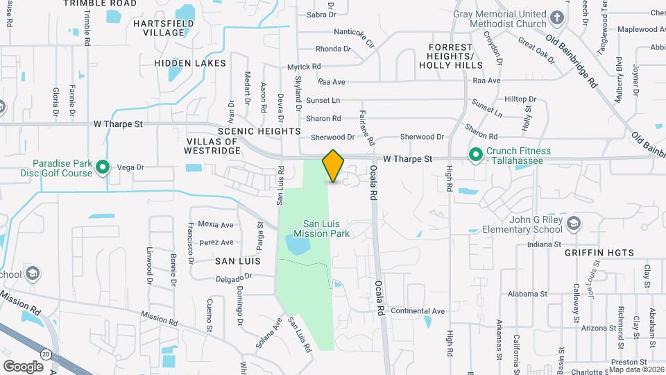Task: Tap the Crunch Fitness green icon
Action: (x=476, y=155)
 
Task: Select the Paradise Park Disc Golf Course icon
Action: (x=103, y=167)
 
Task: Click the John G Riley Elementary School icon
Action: (x=573, y=223)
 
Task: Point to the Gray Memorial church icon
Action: (x=556, y=18)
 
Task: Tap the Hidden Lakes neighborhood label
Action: (x=190, y=63)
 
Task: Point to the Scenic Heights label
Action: (x=259, y=131)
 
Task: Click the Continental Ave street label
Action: (x=417, y=310)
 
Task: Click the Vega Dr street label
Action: (x=130, y=167)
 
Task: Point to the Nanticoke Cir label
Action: (x=354, y=32)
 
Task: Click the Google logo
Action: (x=23, y=365)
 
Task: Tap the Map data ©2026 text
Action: (x=636, y=370)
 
